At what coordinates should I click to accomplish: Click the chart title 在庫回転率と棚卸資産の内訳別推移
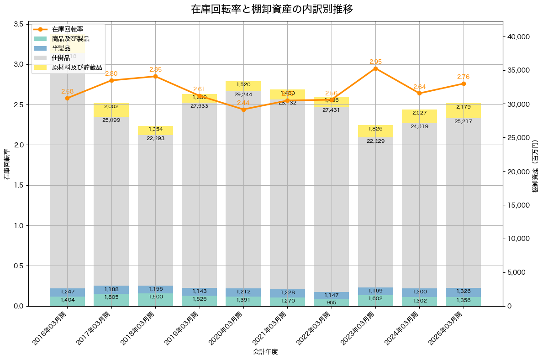[272, 9]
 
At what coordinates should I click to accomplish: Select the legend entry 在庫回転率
[67, 29]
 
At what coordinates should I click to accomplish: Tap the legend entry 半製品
[61, 48]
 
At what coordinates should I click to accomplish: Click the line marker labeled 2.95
[375, 68]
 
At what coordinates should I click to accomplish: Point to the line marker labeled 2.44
[243, 110]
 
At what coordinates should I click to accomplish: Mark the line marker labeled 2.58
[67, 98]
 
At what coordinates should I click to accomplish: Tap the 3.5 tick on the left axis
[18, 24]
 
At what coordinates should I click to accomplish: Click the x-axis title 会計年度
[265, 352]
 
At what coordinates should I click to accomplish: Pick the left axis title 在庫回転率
[6, 164]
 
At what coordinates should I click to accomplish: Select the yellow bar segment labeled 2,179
[464, 111]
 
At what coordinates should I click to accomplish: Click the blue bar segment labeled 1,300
[419, 292]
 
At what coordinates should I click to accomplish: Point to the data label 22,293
[155, 138]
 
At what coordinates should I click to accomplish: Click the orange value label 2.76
[464, 77]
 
